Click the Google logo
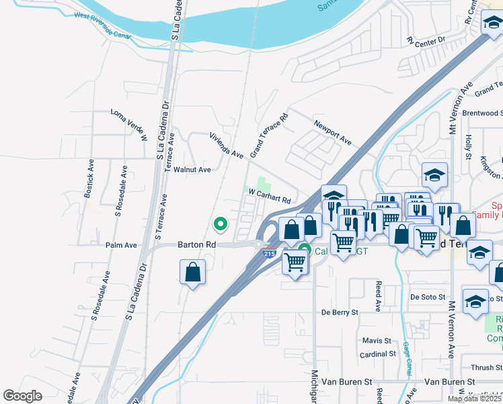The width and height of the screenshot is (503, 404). click(22, 396)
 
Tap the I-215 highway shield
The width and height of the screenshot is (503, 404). click(269, 254)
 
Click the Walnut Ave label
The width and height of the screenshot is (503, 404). click(192, 170)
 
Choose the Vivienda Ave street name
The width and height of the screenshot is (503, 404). click(226, 145)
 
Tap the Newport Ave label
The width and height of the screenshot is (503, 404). click(333, 133)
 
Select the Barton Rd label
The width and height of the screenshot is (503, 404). click(196, 245)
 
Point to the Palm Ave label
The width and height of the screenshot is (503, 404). click(121, 245)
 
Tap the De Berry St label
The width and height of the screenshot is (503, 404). click(340, 312)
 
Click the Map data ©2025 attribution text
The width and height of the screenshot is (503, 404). click(474, 399)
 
